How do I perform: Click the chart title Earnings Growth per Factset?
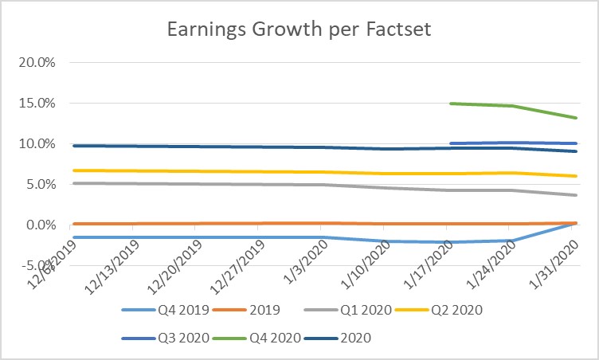[299, 30]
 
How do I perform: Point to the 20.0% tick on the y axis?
[37, 62]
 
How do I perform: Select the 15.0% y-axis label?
[37, 103]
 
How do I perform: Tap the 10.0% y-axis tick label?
[37, 143]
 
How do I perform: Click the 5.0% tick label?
[41, 184]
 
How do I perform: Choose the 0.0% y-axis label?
[41, 225]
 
